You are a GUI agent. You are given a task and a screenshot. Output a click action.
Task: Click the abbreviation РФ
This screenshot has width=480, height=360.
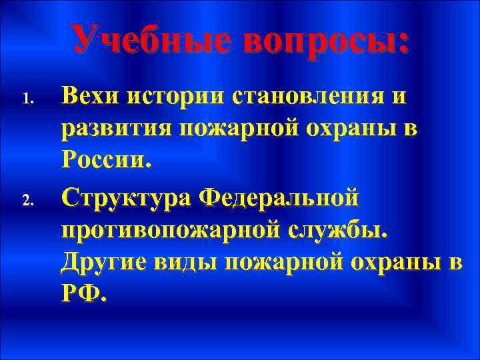click(81, 294)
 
